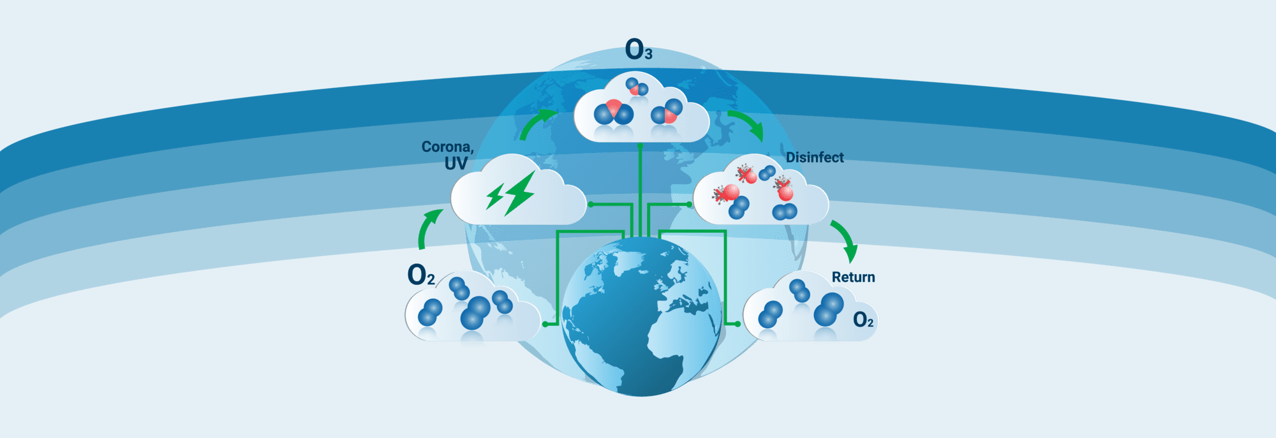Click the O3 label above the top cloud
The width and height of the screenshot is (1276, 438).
click(639, 50)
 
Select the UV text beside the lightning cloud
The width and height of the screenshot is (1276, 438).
click(456, 164)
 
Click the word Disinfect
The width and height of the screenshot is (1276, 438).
click(815, 157)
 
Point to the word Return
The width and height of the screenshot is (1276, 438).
click(853, 277)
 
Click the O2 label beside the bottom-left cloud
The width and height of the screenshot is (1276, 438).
click(421, 275)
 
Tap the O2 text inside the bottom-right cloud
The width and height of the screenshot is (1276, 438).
click(863, 319)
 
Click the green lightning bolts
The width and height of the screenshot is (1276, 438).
click(510, 193)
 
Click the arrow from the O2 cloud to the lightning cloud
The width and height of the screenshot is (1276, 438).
click(429, 228)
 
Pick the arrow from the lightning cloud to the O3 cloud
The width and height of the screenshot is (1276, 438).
click(536, 123)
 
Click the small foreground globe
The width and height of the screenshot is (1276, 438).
click(641, 316)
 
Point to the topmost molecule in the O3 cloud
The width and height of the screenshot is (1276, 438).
click(637, 86)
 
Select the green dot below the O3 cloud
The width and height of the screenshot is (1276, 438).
click(640, 146)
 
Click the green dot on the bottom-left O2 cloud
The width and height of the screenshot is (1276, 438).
click(545, 325)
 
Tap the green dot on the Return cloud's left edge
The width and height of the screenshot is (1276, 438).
click(738, 325)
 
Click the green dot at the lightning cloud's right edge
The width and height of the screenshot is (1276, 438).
click(590, 205)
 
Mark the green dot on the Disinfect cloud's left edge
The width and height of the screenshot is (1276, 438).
click(690, 205)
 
